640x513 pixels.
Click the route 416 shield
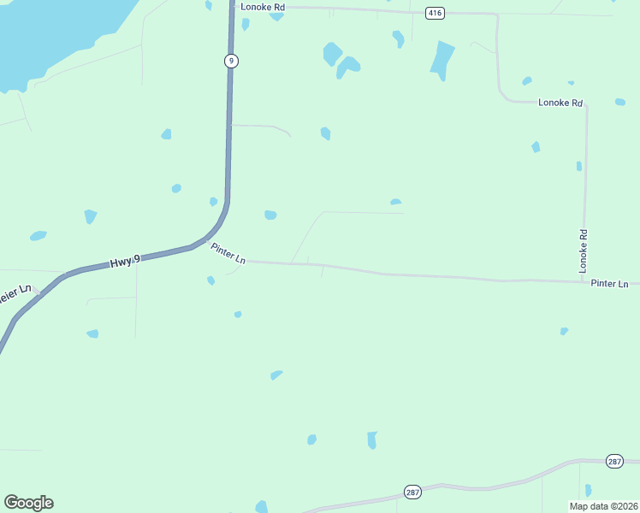pyautogui.click(x=435, y=13)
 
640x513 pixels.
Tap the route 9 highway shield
pyautogui.click(x=231, y=60)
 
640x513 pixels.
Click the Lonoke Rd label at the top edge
pyautogui.click(x=262, y=7)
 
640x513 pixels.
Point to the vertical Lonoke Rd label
pyautogui.click(x=584, y=251)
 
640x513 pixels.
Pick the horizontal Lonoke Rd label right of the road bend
pyautogui.click(x=560, y=103)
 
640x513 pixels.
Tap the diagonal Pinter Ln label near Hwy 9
pyautogui.click(x=228, y=254)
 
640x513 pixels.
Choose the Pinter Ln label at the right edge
pyautogui.click(x=609, y=283)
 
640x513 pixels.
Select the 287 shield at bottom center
pyautogui.click(x=412, y=492)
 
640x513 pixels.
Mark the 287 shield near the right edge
pyautogui.click(x=614, y=461)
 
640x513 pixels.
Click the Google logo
pyautogui.click(x=28, y=503)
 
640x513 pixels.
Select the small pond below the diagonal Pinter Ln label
pyautogui.click(x=210, y=280)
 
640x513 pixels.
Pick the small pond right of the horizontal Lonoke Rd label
pyautogui.click(x=619, y=102)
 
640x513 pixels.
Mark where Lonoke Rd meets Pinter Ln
pyautogui.click(x=584, y=280)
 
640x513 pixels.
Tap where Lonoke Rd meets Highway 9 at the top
pyautogui.click(x=232, y=7)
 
